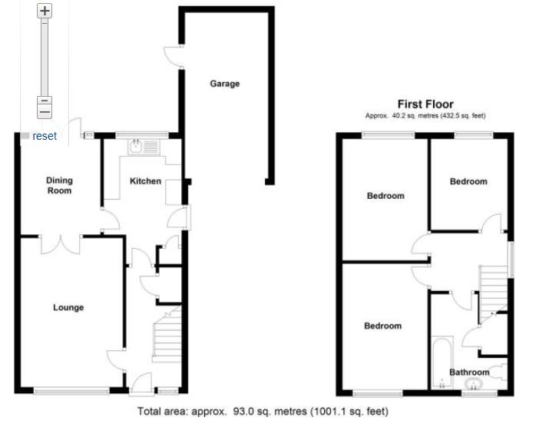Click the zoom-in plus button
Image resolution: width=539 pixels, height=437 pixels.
click(45, 11)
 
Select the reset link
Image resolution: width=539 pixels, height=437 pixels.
click(45, 136)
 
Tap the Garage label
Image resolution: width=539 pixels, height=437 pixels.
click(225, 84)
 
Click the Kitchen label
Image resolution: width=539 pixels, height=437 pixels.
click(145, 181)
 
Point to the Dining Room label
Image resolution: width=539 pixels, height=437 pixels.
click(59, 185)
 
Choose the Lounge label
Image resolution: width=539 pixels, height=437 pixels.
click(68, 308)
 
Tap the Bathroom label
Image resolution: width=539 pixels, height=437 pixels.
click(469, 372)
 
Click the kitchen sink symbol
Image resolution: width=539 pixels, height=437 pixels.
click(144, 144)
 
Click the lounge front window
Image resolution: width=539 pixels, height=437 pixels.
click(71, 391)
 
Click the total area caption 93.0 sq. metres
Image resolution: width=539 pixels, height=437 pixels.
click(263, 412)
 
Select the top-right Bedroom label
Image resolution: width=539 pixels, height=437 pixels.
click(468, 182)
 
